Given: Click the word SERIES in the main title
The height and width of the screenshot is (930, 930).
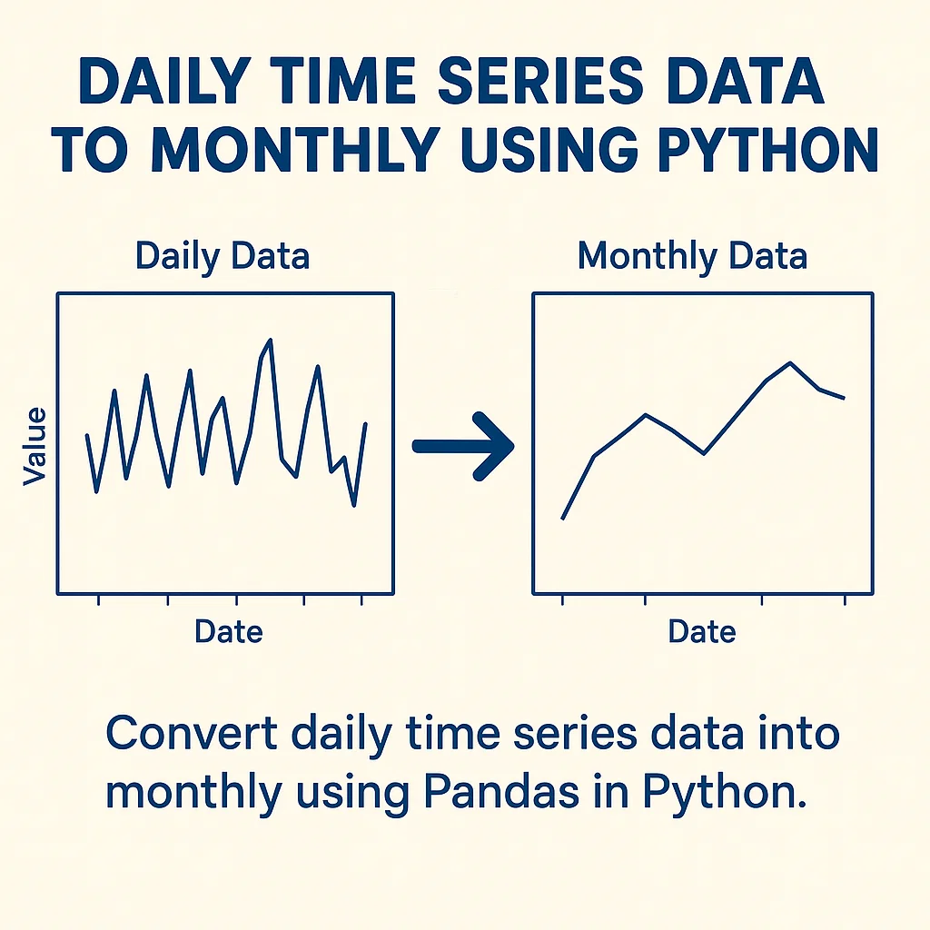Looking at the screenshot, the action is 539,81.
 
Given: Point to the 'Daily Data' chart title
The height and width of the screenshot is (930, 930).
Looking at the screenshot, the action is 223,256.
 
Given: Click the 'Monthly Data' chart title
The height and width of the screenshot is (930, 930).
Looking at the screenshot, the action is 692,256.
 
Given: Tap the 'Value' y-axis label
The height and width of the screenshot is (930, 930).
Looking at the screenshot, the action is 35,446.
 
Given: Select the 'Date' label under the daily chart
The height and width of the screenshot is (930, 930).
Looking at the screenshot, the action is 228,631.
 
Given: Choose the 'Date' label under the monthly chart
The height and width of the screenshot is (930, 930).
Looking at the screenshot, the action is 702,631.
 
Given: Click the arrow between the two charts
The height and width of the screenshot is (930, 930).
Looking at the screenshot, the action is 462,446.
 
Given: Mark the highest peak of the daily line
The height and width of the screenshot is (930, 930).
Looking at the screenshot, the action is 271,340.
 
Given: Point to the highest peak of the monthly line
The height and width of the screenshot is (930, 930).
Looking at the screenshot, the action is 790,362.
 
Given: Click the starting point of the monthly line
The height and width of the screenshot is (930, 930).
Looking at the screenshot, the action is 562,519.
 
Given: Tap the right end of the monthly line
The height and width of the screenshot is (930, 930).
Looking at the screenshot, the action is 844,399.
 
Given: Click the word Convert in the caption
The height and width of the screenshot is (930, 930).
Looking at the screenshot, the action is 191,733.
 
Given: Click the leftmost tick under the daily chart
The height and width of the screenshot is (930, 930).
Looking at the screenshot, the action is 98,599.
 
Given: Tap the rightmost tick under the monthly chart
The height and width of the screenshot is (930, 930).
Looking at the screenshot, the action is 845,599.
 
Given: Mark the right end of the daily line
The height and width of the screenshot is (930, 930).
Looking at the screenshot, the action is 365,423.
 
